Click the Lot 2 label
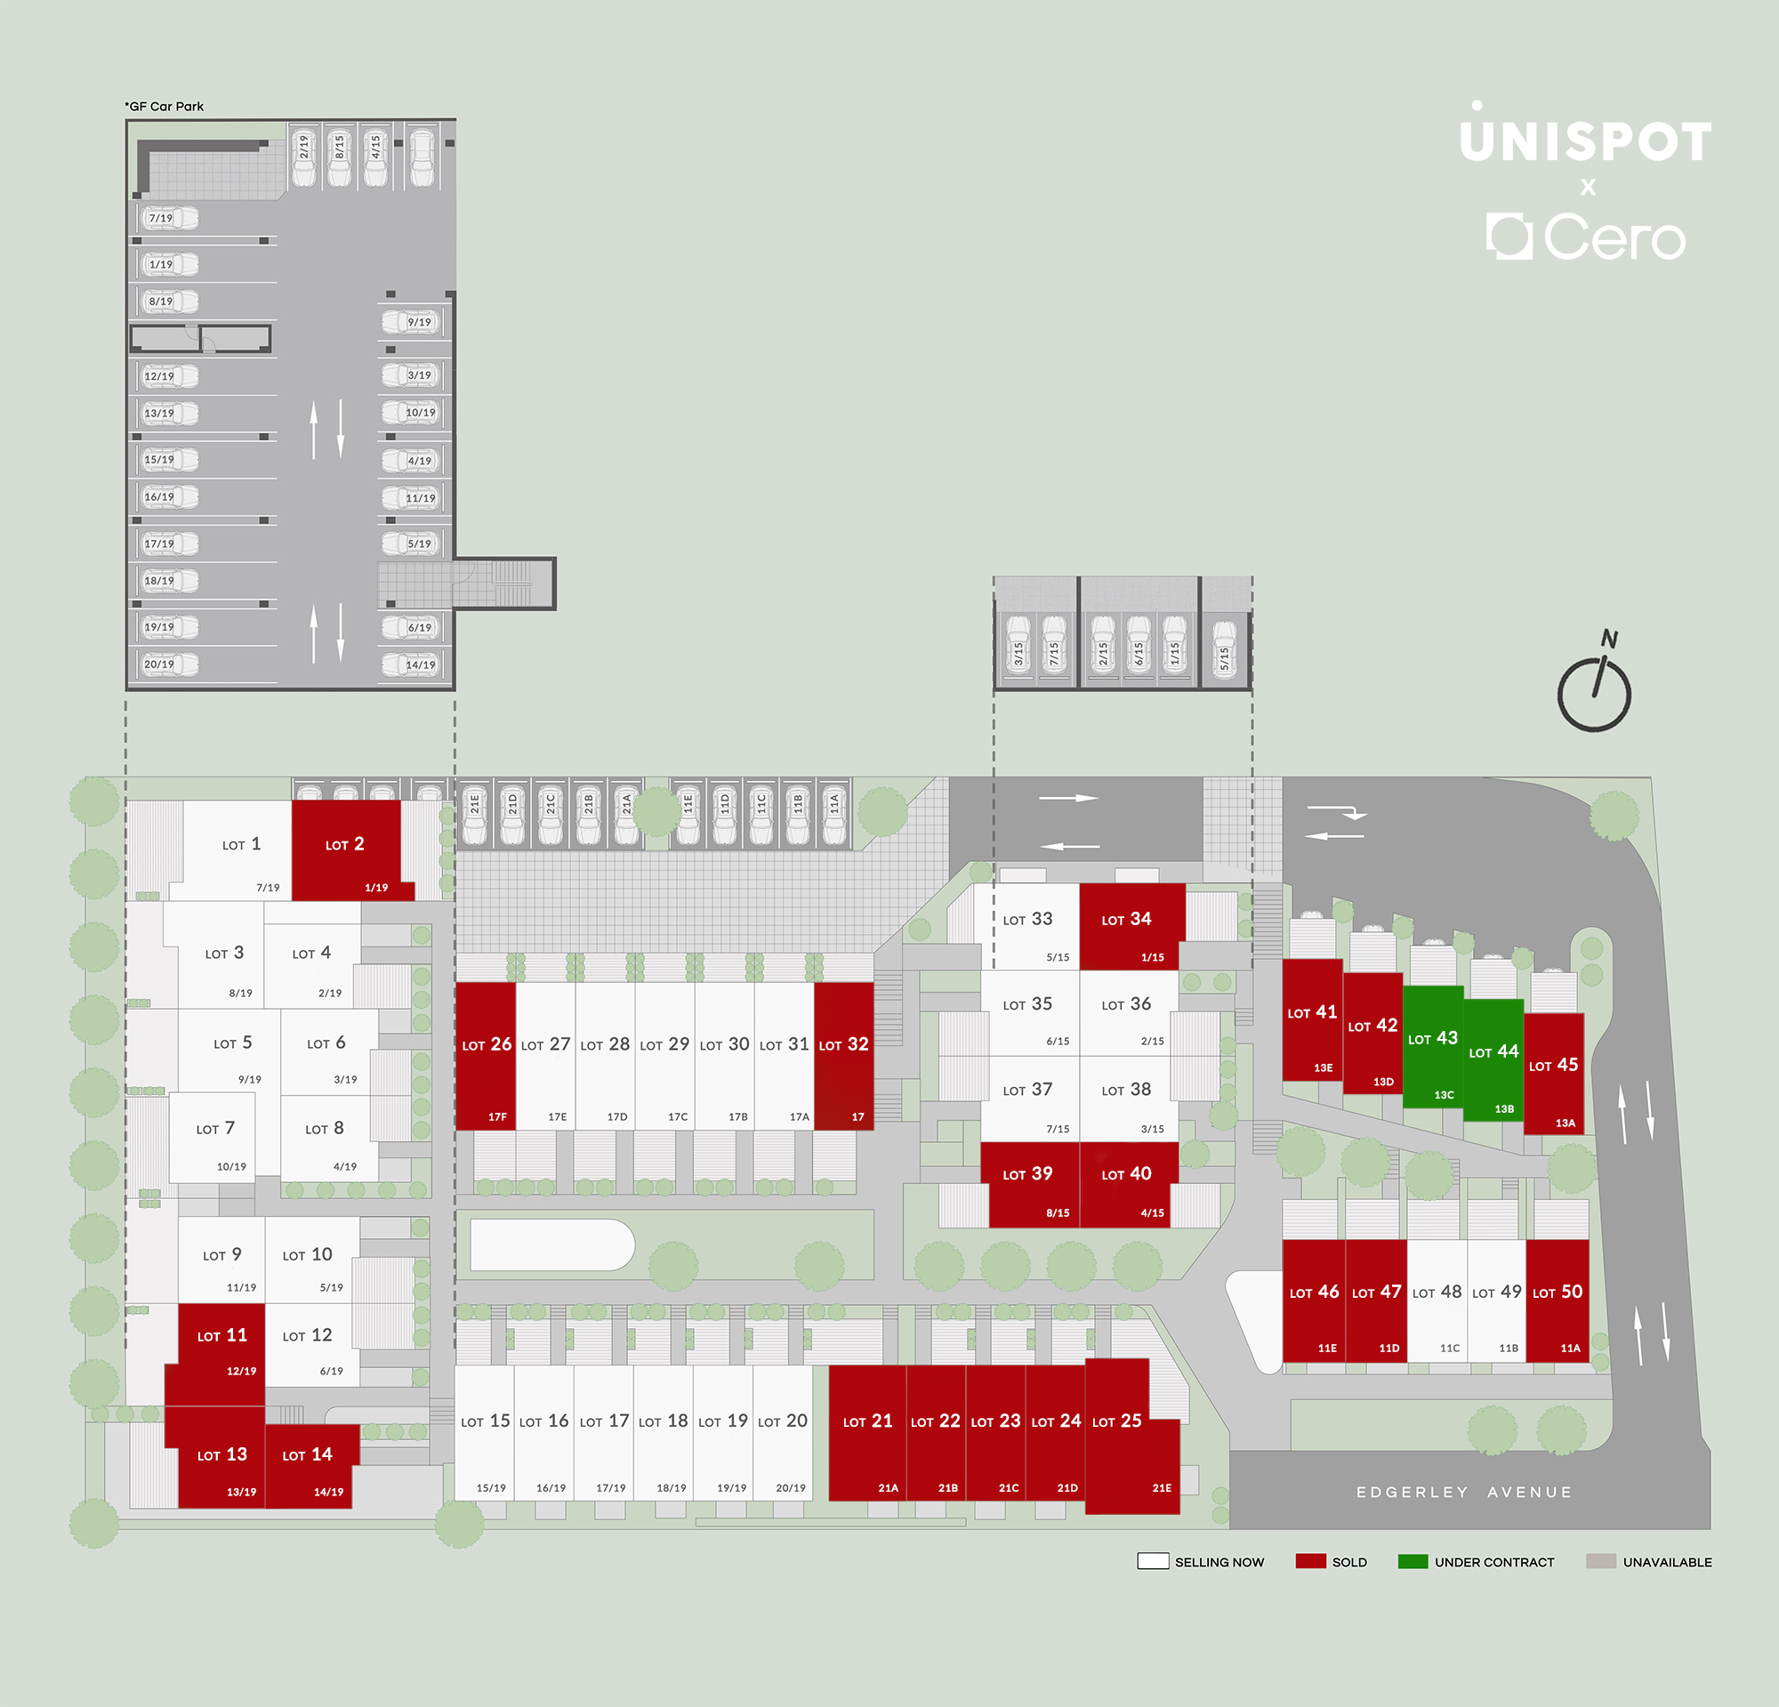(345, 844)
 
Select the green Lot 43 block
(1433, 1045)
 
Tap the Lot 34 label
(1126, 919)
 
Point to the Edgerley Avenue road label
(1464, 1492)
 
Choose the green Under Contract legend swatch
(1413, 1561)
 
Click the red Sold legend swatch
(1310, 1561)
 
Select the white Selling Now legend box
(1153, 1561)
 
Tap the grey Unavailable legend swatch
(1601, 1561)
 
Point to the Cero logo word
(1614, 238)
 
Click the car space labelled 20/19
(170, 664)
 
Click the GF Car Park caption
(165, 106)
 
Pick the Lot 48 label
(1437, 1292)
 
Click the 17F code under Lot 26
(497, 1117)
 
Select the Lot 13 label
(222, 1454)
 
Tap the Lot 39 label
(1027, 1174)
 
